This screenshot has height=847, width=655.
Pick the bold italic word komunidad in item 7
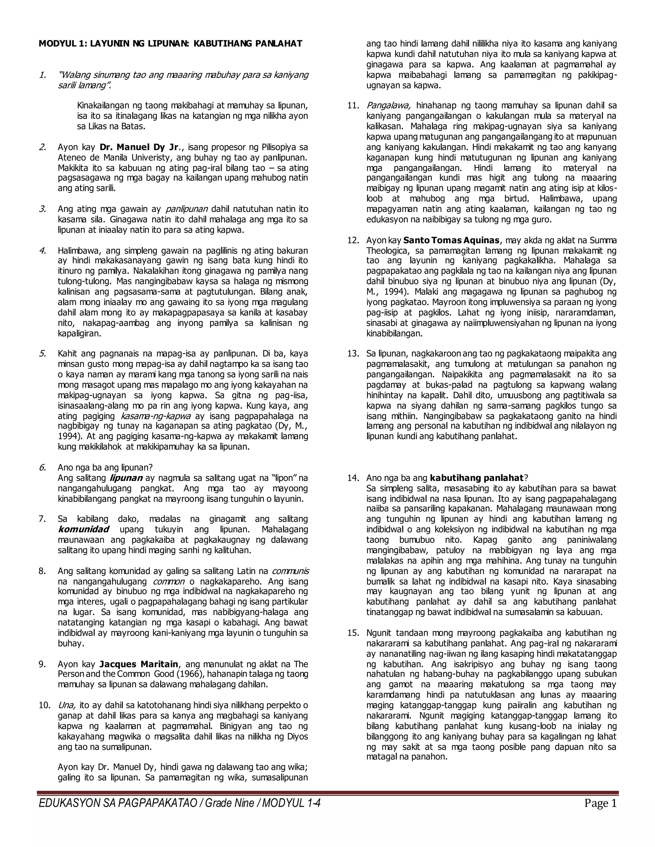point(83,529)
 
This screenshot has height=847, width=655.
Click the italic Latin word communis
point(290,571)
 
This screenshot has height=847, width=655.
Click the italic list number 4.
point(42,251)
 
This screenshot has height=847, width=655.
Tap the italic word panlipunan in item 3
point(187,209)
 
